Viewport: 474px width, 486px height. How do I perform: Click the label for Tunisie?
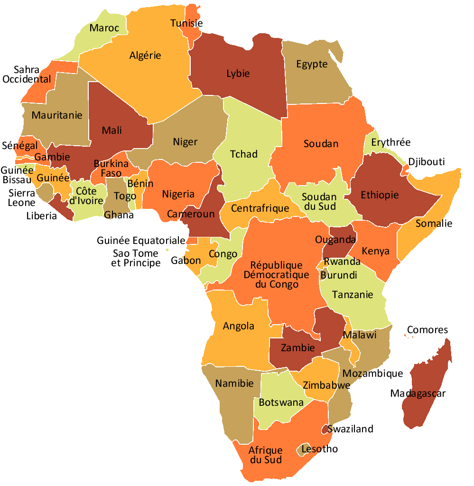point(186,23)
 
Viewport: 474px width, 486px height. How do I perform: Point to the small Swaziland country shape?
point(325,429)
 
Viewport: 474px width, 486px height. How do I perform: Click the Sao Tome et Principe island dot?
point(167,250)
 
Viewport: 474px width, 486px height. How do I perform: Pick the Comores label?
point(427,330)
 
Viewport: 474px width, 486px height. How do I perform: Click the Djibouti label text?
point(427,162)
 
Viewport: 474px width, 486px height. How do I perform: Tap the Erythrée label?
point(390,142)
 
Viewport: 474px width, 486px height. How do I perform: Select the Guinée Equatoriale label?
point(141,241)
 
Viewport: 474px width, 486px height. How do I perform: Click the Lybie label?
point(238,74)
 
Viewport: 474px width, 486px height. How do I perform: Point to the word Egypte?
point(312,64)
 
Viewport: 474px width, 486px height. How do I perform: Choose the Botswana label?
point(281,402)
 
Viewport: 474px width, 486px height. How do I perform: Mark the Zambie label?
point(297,347)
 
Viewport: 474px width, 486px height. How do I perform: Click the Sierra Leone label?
point(21,198)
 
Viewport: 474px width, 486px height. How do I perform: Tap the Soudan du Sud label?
point(319,202)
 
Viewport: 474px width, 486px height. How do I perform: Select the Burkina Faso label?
point(108,168)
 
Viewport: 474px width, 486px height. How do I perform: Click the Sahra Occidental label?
point(27,75)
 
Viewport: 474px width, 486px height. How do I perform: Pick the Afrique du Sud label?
point(266,455)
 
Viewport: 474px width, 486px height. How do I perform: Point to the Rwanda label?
point(342,262)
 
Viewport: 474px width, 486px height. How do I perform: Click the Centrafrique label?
point(260,208)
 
